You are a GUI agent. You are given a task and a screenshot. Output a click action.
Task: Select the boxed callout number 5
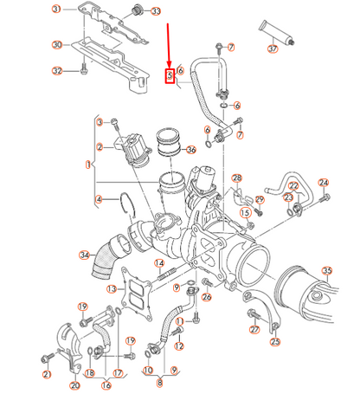click(x=169, y=76)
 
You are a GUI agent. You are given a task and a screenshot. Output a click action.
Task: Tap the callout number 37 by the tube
click(x=273, y=49)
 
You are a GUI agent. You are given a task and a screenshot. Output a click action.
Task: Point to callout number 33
click(x=156, y=11)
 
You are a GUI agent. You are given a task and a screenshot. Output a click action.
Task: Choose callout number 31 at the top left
click(x=57, y=9)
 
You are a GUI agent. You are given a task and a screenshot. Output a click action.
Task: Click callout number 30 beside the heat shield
click(x=56, y=44)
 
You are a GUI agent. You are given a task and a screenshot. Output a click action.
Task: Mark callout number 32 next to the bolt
click(x=57, y=71)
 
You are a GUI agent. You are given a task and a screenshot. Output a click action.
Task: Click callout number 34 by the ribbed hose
click(x=84, y=255)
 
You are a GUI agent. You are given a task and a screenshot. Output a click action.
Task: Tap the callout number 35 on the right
click(x=327, y=271)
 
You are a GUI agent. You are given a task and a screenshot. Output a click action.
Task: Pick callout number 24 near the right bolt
click(x=324, y=183)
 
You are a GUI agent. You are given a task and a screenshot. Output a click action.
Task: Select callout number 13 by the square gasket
click(x=112, y=288)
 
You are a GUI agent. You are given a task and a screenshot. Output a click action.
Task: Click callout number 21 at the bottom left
click(x=47, y=374)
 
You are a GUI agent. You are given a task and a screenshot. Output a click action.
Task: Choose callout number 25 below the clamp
click(x=275, y=342)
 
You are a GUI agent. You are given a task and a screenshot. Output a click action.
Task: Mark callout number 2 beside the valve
click(x=100, y=147)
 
